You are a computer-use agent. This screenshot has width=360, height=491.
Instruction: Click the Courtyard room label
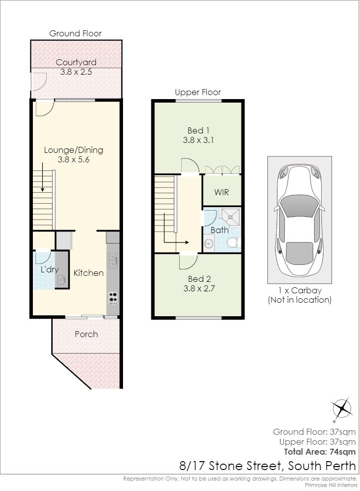[x=76, y=62]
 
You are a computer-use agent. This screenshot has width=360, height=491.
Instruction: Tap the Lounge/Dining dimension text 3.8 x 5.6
[x=74, y=159]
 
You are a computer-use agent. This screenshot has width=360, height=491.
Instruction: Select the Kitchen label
[x=89, y=273]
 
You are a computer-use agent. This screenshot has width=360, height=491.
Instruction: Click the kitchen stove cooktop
[x=113, y=298]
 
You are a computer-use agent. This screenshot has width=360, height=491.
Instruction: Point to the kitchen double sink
[x=113, y=261]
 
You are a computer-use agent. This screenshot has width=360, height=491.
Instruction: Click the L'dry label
[x=50, y=269]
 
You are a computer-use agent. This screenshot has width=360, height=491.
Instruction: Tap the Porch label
[x=87, y=334]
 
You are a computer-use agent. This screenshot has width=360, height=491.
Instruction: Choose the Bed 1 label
[x=199, y=130]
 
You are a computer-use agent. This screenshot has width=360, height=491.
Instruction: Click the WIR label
[x=222, y=192]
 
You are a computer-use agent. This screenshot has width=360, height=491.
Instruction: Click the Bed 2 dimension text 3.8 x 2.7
[x=199, y=288]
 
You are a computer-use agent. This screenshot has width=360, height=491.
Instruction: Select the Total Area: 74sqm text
[x=320, y=452]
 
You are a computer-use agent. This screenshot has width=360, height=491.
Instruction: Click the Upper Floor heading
[x=198, y=93]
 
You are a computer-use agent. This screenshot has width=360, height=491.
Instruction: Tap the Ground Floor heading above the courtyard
[x=76, y=33]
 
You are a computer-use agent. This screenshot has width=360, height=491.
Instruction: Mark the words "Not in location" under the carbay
[x=300, y=300]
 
